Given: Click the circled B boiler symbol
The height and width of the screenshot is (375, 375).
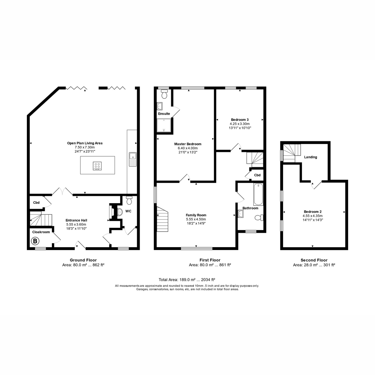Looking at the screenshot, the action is tap(35, 241).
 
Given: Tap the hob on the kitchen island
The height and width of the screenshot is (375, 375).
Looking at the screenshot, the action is tap(97, 166).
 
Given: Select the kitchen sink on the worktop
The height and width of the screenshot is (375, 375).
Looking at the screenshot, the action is tap(133, 159).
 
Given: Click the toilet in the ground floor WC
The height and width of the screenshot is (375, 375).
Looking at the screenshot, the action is tap(129, 200).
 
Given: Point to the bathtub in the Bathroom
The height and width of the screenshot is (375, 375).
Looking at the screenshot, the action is tap(258, 194).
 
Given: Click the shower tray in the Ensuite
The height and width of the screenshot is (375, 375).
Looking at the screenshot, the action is tap(164, 125).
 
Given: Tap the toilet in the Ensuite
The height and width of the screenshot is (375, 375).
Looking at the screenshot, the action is tap(164, 94).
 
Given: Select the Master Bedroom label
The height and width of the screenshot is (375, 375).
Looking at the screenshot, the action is tap(187, 144).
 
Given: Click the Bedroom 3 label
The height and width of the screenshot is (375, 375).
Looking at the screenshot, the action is tap(240, 120).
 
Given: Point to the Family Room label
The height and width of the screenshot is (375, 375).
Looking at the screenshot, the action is tap(196, 215).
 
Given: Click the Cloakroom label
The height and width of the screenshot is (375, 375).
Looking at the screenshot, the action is tap(41, 232).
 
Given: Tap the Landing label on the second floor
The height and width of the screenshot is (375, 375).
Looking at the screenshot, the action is tap(310, 157).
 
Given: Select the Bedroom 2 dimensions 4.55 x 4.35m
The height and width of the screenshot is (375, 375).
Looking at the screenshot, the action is tap(312, 216).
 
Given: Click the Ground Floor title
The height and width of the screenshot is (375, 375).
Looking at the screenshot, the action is tap(83, 260).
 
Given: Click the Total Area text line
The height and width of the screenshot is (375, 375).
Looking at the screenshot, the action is tap(187, 280).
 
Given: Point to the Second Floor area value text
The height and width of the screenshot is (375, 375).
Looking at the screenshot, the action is tap(314, 265).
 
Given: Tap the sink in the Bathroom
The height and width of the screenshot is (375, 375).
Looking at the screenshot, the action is tap(241, 214).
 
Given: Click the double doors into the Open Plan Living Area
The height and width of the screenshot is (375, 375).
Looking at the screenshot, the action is tap(62, 191).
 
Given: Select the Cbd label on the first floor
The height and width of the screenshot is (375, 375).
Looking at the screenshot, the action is tap(257, 175).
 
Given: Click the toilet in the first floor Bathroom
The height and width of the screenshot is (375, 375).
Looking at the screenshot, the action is tap(259, 217).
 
